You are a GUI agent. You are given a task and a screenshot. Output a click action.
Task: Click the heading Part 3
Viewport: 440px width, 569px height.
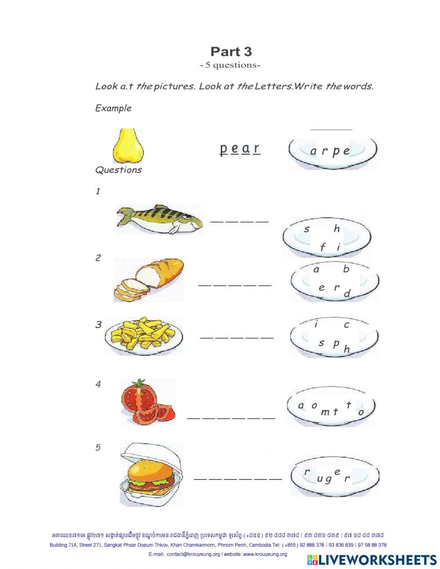[x=231, y=52]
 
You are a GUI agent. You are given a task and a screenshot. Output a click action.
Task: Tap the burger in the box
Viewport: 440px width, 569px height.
[x=151, y=474]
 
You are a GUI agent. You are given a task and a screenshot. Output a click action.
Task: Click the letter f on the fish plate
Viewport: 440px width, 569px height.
[x=322, y=248]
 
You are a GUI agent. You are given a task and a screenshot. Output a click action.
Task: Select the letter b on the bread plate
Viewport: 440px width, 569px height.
[x=346, y=269]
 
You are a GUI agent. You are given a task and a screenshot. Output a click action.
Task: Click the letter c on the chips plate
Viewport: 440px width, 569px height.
[x=346, y=325]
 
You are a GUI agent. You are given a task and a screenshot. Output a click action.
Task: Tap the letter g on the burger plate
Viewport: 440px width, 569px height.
[x=327, y=479]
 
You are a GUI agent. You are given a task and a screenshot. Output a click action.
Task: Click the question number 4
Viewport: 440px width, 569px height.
[x=98, y=384]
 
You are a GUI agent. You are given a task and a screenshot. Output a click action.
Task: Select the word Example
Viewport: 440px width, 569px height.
[x=113, y=108]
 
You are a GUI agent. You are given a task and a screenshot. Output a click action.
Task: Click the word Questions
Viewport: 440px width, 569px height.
[x=118, y=170]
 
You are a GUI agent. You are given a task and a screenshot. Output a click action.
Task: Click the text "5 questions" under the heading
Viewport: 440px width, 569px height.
[x=231, y=65]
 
